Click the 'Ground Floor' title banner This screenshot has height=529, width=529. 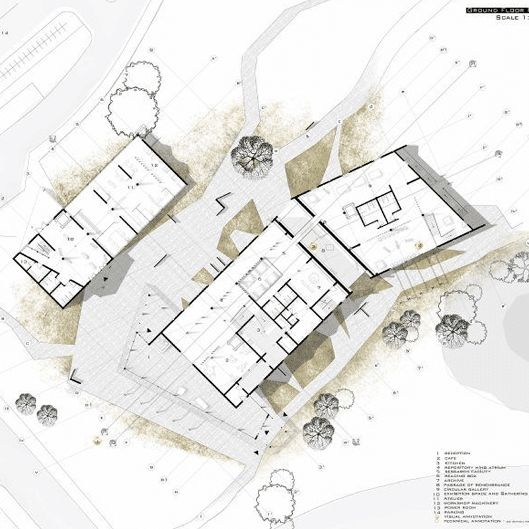pyautogui.click(x=496, y=10)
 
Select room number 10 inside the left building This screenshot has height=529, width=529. pyautogui.click(x=69, y=236)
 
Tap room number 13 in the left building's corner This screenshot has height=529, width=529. pyautogui.click(x=24, y=263)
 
